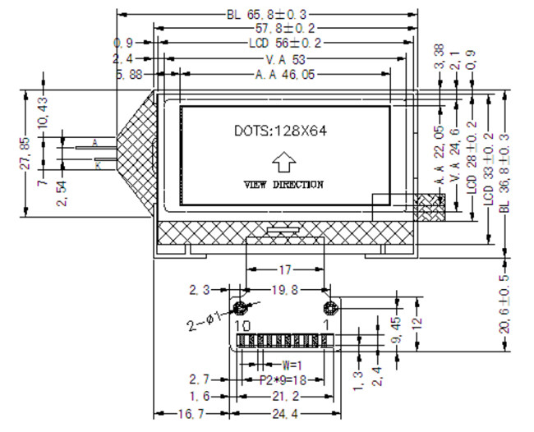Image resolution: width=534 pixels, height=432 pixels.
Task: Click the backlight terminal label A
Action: [95, 143]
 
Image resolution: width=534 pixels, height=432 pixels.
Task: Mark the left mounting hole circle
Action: [241, 309]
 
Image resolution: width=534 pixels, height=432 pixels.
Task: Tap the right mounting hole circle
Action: [330, 309]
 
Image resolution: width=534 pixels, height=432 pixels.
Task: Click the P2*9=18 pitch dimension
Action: [282, 380]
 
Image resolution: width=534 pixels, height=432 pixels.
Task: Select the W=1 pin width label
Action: [290, 364]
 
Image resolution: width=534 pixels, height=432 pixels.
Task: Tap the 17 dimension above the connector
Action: [284, 269]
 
